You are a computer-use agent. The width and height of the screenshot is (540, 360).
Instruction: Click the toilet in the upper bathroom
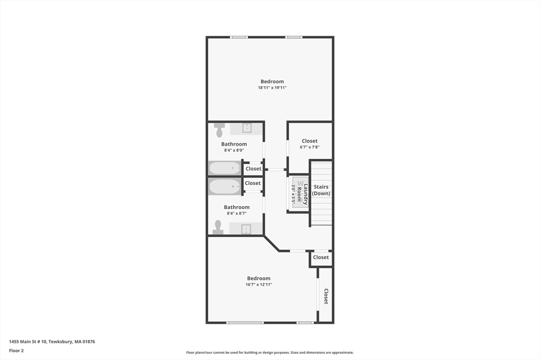tap(219, 129)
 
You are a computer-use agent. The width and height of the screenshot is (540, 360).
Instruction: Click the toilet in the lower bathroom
tap(218, 227)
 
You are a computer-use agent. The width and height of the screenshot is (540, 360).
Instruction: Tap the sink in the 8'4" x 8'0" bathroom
tap(246, 128)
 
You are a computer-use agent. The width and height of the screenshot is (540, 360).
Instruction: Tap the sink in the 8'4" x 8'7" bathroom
tap(246, 229)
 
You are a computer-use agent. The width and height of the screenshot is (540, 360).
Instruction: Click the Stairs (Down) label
tap(321, 190)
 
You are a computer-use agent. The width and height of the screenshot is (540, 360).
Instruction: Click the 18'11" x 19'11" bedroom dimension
tap(272, 88)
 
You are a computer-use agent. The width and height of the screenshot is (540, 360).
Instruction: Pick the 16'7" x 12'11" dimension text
tap(258, 285)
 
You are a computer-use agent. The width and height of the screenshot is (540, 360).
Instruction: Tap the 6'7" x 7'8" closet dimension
tap(310, 147)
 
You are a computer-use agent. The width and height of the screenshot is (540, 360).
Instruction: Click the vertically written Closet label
tap(326, 296)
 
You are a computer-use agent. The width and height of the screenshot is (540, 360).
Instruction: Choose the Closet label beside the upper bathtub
tap(253, 169)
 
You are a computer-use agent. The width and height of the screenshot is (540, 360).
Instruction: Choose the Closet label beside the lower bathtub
tap(253, 183)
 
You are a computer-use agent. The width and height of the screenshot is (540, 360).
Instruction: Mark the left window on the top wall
tap(239, 37)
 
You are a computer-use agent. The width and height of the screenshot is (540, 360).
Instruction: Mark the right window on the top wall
tap(294, 37)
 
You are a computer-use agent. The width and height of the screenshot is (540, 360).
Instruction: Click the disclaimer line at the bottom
tap(269, 353)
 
